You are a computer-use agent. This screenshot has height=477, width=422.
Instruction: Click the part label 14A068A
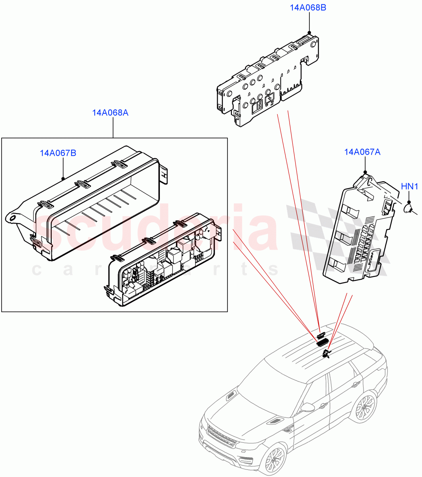coord(110,113)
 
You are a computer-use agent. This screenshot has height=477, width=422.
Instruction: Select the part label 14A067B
coord(58,153)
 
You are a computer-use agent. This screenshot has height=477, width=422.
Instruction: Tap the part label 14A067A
coord(362,152)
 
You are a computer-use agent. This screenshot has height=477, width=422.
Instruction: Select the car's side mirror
coord(307,407)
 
